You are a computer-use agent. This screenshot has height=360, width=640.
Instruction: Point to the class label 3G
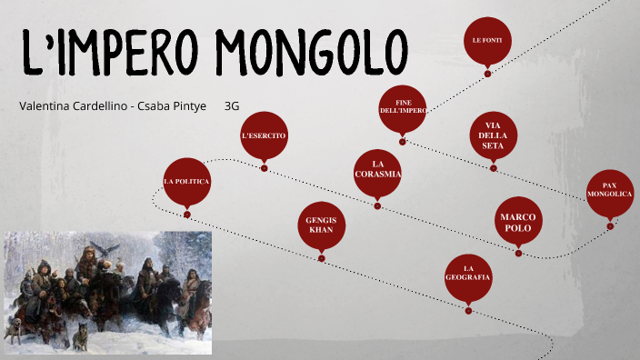click(231, 105)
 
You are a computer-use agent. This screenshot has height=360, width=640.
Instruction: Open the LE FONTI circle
click(487, 41)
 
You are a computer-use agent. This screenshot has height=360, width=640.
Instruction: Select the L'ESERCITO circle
click(264, 135)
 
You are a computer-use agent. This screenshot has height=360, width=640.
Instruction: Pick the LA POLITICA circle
click(186, 182)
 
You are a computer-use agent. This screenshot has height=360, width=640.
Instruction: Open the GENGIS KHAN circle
click(322, 225)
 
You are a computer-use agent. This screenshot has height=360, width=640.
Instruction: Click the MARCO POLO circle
click(519, 222)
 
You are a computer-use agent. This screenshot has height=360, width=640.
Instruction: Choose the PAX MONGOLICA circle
click(610, 194)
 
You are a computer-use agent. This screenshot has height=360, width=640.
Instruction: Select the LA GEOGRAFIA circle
click(469, 277)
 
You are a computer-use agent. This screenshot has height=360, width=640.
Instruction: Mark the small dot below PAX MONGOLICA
click(610, 226)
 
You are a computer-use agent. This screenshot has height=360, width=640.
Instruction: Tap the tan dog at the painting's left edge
click(14, 329)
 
